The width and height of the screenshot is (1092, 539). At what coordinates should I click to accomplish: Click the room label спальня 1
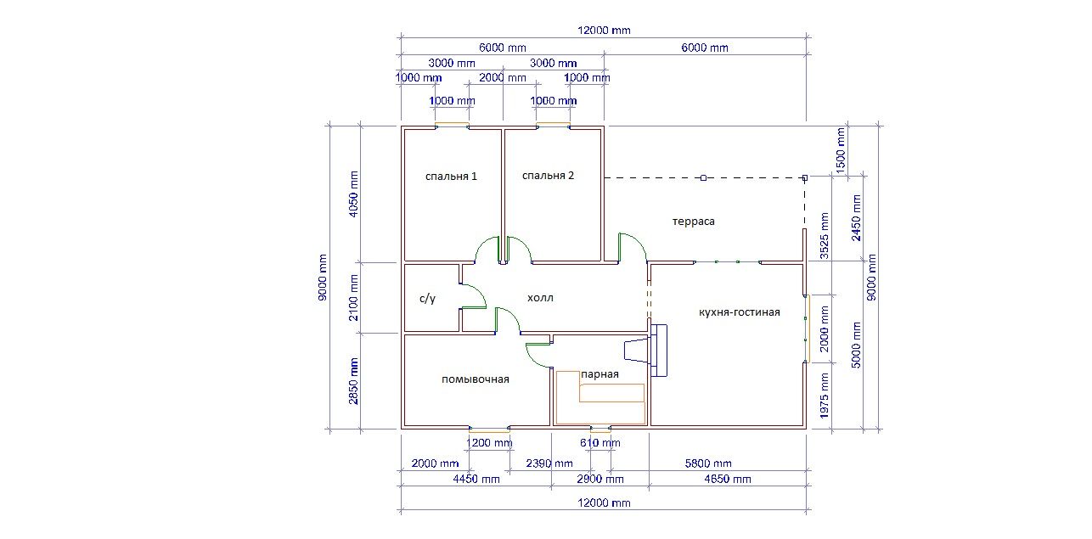(451, 177)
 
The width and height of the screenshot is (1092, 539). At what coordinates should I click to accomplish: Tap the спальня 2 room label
(548, 176)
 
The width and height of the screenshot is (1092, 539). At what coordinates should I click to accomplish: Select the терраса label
(693, 222)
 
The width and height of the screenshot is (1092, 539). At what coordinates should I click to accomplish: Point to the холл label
(540, 298)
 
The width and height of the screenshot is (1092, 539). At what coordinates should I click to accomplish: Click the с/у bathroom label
(427, 298)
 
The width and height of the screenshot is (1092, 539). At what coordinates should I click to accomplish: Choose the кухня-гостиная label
(739, 312)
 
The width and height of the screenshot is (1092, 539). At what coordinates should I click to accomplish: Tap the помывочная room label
(476, 379)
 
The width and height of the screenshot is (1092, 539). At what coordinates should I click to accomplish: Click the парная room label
(599, 374)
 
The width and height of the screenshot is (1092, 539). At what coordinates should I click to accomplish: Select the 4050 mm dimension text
(353, 194)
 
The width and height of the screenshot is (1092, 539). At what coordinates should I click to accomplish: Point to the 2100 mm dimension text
(353, 298)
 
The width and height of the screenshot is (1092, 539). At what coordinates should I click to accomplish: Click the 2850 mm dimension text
(353, 382)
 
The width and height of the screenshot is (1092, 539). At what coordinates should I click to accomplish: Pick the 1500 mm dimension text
(840, 150)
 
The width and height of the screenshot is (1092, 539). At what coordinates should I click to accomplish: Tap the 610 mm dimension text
(600, 443)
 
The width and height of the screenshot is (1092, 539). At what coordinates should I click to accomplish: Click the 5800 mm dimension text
(708, 463)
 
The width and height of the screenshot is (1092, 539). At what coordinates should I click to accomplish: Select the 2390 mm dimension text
(549, 463)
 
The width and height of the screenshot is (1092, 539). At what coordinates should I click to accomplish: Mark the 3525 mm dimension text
(824, 236)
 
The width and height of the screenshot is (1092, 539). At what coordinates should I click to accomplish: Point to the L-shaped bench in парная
(600, 397)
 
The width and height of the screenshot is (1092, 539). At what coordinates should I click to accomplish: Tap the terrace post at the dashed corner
(805, 178)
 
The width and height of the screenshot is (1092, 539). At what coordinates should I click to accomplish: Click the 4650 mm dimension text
(728, 479)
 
